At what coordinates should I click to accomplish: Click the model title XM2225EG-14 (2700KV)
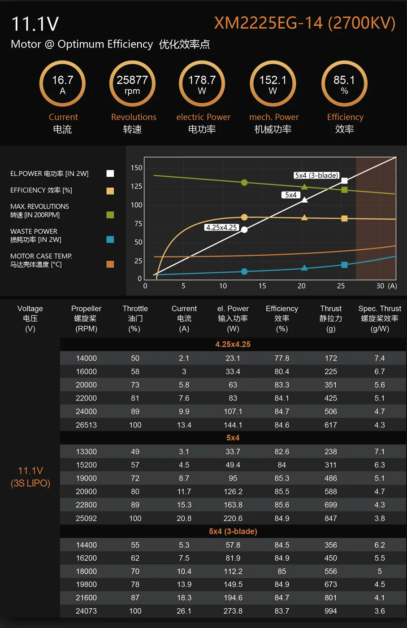tap(304, 23)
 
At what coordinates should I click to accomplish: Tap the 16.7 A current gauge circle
tap(62, 84)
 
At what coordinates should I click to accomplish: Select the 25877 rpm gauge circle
tap(132, 84)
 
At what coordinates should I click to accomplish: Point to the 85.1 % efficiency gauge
tap(344, 84)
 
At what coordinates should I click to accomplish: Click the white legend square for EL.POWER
tap(110, 174)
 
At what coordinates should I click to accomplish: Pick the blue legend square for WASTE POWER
tap(110, 240)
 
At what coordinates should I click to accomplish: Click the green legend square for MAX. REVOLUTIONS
tap(110, 215)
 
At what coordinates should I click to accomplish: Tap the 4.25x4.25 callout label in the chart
tap(221, 227)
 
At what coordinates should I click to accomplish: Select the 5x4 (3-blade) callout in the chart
tap(316, 175)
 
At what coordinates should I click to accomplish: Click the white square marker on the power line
tap(344, 181)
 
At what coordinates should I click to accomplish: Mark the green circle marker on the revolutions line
tap(244, 183)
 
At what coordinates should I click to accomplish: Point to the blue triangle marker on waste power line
tap(304, 268)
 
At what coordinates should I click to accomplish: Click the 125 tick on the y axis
tap(137, 186)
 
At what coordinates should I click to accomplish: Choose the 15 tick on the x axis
tap(262, 286)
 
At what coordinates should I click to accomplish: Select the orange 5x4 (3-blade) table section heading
tap(233, 531)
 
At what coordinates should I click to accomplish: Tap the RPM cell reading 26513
tap(86, 425)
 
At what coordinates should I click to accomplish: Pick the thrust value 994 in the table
tap(331, 611)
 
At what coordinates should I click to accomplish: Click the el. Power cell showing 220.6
tap(233, 518)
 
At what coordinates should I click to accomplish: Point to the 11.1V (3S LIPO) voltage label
tap(30, 477)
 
